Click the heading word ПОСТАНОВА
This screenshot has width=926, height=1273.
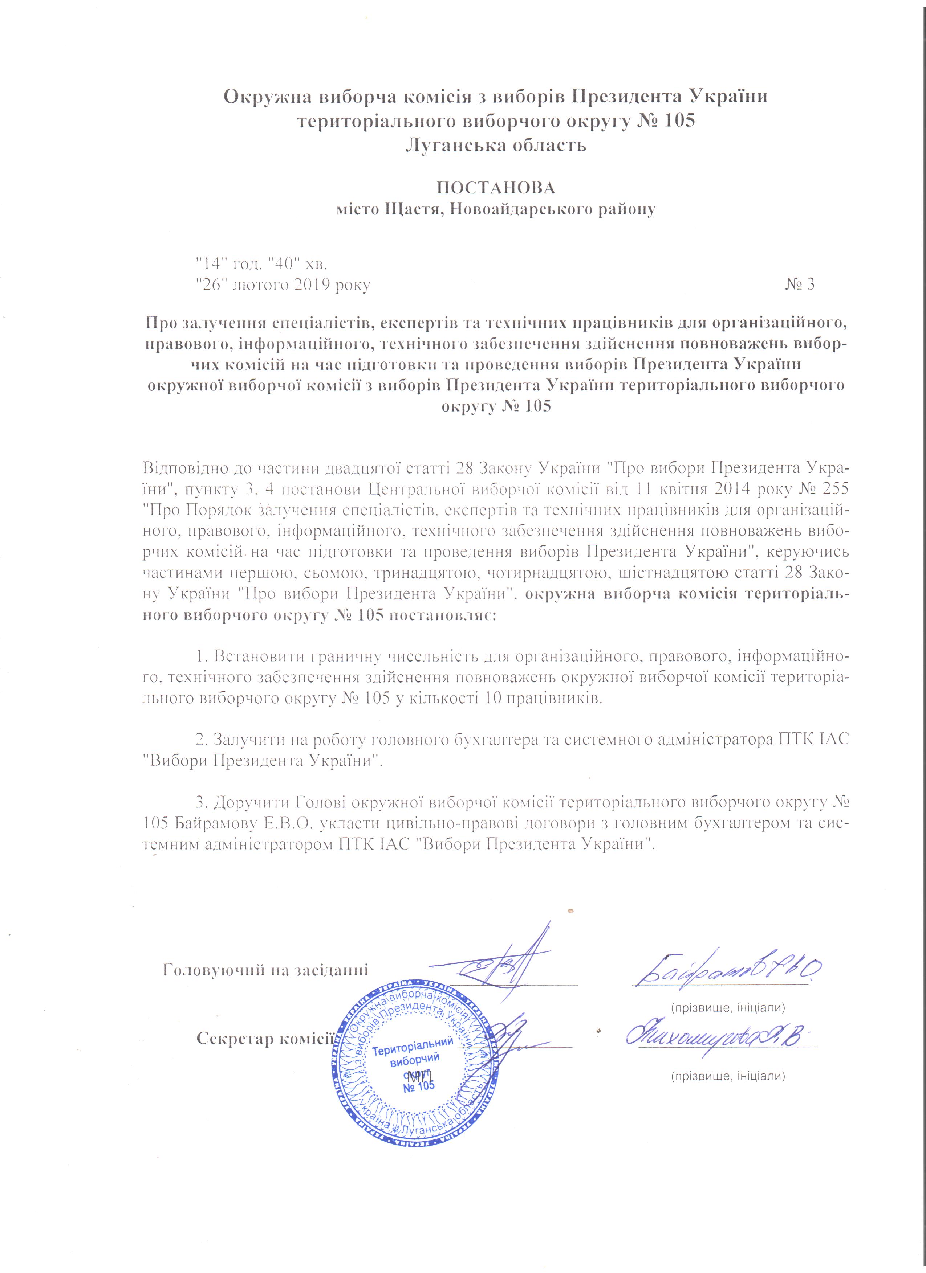[x=495, y=187]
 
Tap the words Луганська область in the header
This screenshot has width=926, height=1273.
[x=495, y=146]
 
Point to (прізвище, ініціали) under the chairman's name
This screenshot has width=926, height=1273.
[x=728, y=1007]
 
